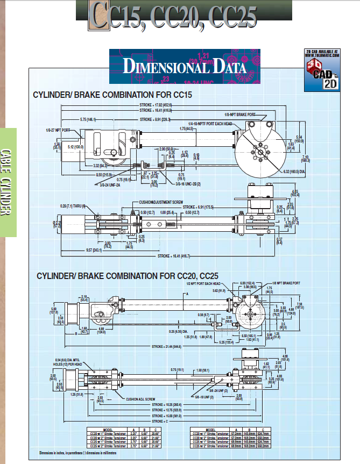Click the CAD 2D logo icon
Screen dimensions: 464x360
tap(322, 70)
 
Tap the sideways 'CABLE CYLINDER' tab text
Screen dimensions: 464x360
tap(7, 182)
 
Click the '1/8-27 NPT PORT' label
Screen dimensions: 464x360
tap(59, 130)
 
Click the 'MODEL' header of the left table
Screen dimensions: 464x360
tap(108, 430)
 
